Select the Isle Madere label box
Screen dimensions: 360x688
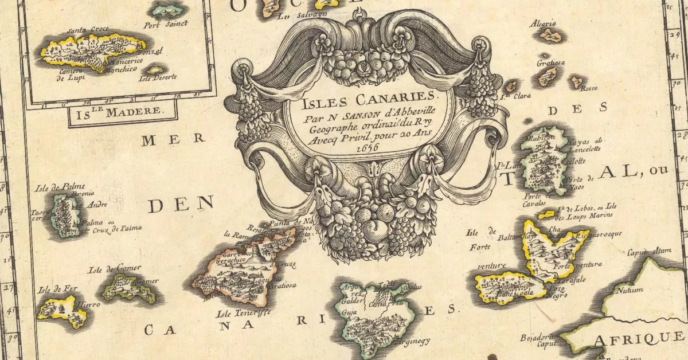[x=123, y=112]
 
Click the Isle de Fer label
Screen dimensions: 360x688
[x=53, y=289]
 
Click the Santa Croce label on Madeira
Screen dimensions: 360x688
[x=84, y=30]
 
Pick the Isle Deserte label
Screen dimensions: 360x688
[x=161, y=77]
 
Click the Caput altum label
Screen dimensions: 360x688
[x=649, y=251]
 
